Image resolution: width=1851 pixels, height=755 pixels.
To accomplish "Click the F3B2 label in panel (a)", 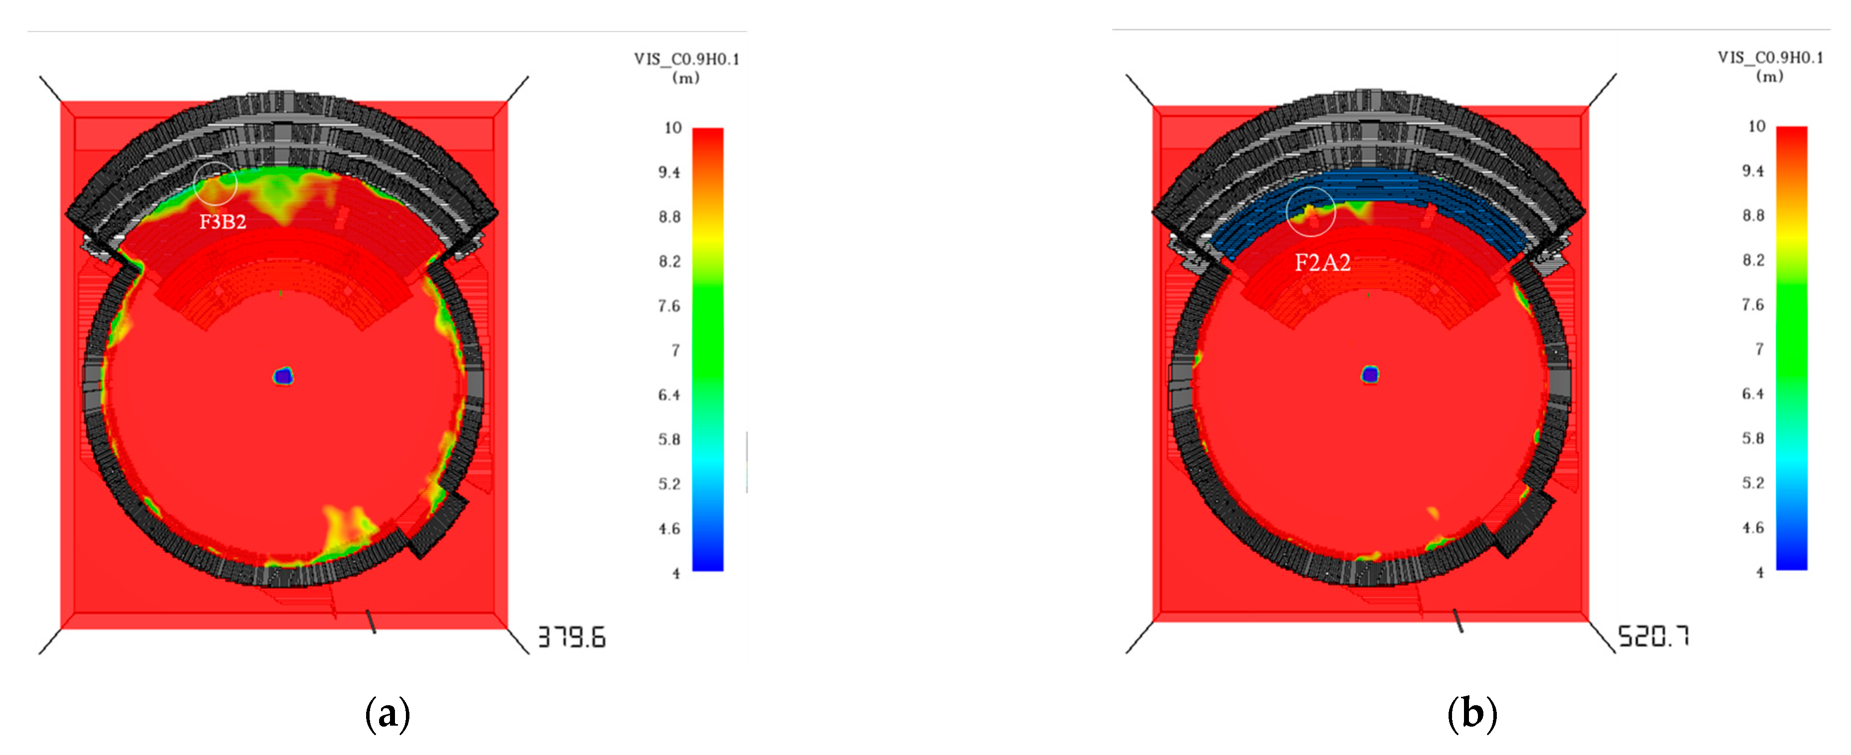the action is (223, 221).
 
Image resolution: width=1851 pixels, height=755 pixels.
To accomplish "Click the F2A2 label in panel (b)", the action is (1322, 262).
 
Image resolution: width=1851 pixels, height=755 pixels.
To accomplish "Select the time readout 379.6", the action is (572, 637).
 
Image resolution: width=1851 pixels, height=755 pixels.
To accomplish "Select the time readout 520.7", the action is (1653, 636).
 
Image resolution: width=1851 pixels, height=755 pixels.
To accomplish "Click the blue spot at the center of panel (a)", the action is (283, 376).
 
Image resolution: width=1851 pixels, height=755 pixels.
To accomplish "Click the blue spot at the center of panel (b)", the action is (1370, 374).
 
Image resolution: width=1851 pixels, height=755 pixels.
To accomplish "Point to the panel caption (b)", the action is (1471, 713).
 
